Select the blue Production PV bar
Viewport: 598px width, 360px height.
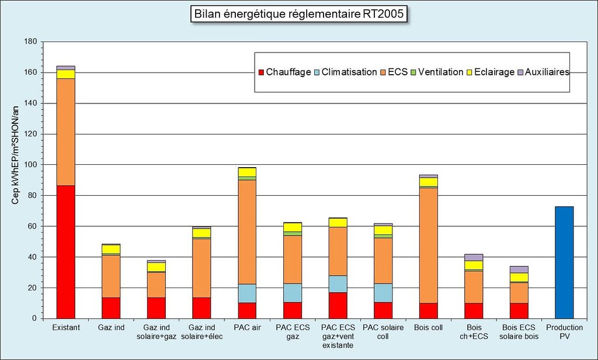[x=564, y=262]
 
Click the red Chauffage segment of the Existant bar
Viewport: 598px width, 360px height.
[x=66, y=252]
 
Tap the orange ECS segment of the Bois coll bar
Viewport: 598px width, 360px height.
[x=428, y=245]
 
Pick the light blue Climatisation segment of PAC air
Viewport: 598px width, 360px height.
[x=247, y=293]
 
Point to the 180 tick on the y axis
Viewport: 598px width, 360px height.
[x=32, y=42]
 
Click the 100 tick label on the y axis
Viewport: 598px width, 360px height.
[x=32, y=165]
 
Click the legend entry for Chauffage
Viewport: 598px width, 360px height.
[x=284, y=72]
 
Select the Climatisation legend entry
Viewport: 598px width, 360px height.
[x=345, y=72]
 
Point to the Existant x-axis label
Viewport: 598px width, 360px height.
[x=66, y=328]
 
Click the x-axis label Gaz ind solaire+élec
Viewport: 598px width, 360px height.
[x=202, y=332]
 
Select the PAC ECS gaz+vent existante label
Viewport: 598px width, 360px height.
[x=338, y=337]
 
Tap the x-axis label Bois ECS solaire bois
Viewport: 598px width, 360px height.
[x=519, y=332]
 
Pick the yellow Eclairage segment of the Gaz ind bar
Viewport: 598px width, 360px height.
[x=111, y=250]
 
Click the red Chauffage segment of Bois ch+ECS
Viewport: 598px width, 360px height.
[x=474, y=311]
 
